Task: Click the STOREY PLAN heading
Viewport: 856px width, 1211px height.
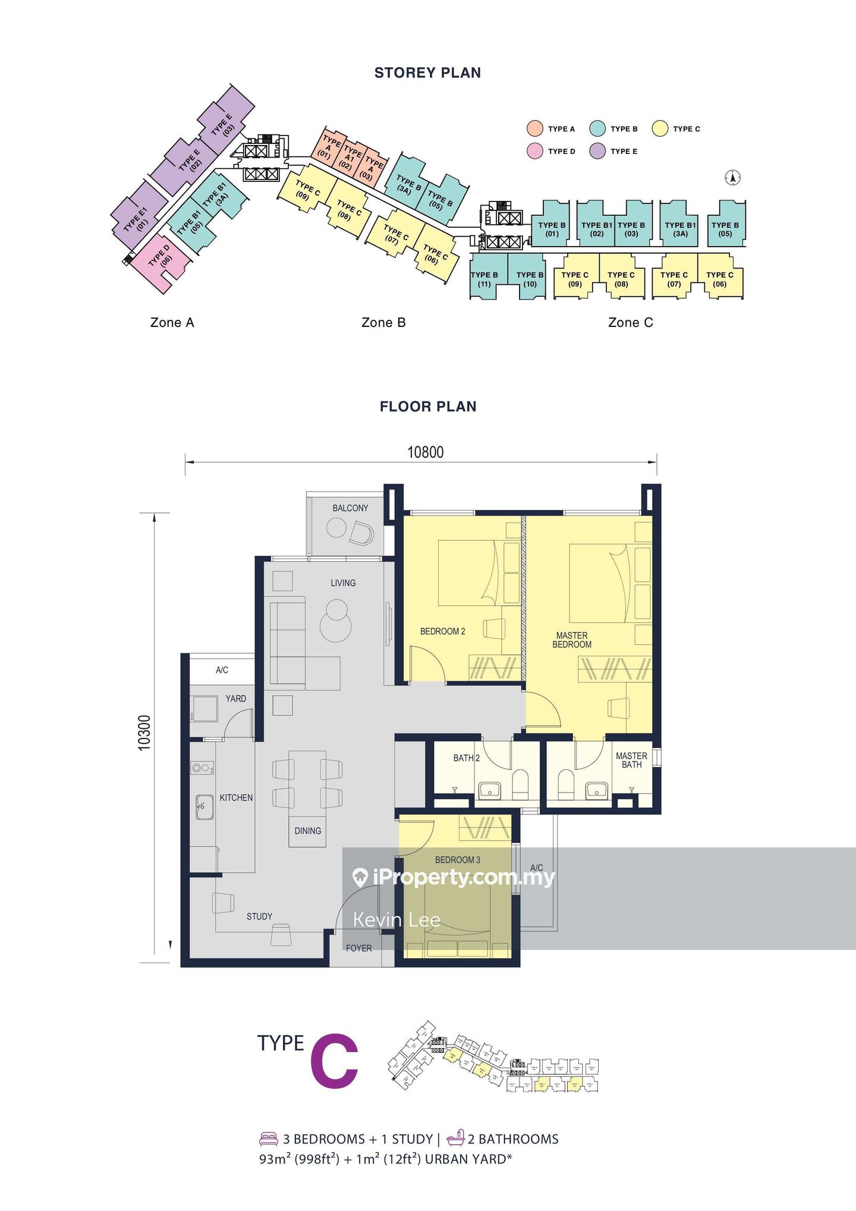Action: click(427, 73)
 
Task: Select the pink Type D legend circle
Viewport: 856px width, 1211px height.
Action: click(535, 151)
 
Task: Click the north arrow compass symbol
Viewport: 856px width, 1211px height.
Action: click(733, 177)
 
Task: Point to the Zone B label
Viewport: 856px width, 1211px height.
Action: click(383, 322)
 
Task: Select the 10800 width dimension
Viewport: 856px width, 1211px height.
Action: click(425, 452)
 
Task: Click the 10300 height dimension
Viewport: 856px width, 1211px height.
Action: click(145, 732)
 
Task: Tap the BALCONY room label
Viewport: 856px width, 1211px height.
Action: click(350, 508)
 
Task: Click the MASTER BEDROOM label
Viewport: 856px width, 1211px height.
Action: click(572, 640)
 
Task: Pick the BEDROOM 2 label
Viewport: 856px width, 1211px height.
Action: click(442, 631)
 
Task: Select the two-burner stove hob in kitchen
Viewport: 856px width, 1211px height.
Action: click(203, 768)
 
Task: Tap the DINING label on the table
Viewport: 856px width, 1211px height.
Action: click(307, 831)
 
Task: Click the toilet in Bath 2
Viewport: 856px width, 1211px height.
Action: click(520, 786)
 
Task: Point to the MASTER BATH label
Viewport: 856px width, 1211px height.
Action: click(631, 760)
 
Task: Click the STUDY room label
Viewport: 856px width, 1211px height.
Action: click(259, 916)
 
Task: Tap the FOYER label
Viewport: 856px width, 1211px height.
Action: click(358, 948)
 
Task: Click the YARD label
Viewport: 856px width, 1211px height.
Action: click(235, 699)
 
